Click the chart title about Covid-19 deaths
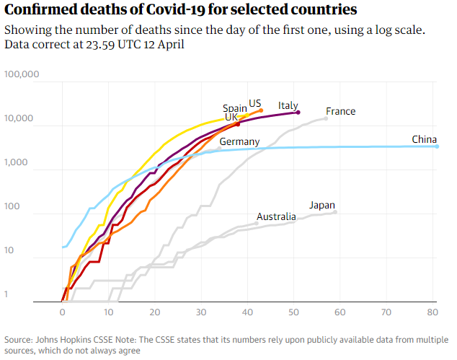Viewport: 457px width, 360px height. pos(181,10)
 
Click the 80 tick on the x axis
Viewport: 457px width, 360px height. pos(432,313)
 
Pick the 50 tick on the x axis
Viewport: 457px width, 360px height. pos(293,313)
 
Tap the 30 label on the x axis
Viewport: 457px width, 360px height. pos(201,313)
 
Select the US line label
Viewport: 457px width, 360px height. pos(255,102)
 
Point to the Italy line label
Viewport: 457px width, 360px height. pos(288,105)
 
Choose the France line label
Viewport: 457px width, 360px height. pos(340,111)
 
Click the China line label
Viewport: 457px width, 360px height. pos(424,139)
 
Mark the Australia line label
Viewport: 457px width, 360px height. pos(276,216)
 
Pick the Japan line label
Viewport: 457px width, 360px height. pos(321,205)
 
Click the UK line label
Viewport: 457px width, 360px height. pos(231,117)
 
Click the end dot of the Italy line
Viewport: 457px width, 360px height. pos(298,113)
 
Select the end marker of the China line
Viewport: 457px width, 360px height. pos(437,146)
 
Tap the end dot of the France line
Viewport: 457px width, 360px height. pos(326,118)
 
